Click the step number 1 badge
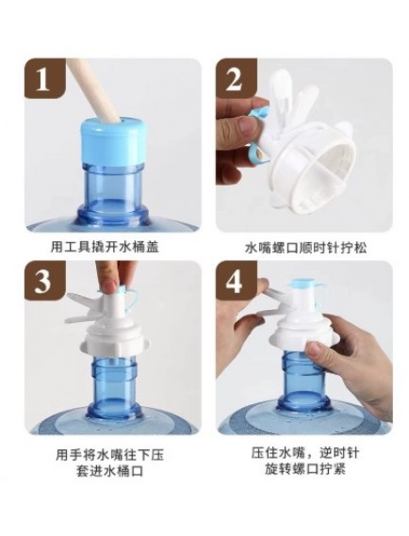[x=44, y=78]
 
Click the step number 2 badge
[x=236, y=78]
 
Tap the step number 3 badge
[x=44, y=281]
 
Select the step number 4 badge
[x=236, y=281]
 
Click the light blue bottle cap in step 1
[x=113, y=141]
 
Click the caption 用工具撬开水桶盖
[x=105, y=247]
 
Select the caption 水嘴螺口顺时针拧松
[x=306, y=248]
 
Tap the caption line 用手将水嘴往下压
[x=109, y=455]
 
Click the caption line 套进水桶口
[x=109, y=472]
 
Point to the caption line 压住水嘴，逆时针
[x=305, y=453]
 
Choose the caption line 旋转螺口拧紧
[x=305, y=469]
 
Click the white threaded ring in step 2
[x=315, y=171]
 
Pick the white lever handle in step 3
[x=82, y=309]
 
